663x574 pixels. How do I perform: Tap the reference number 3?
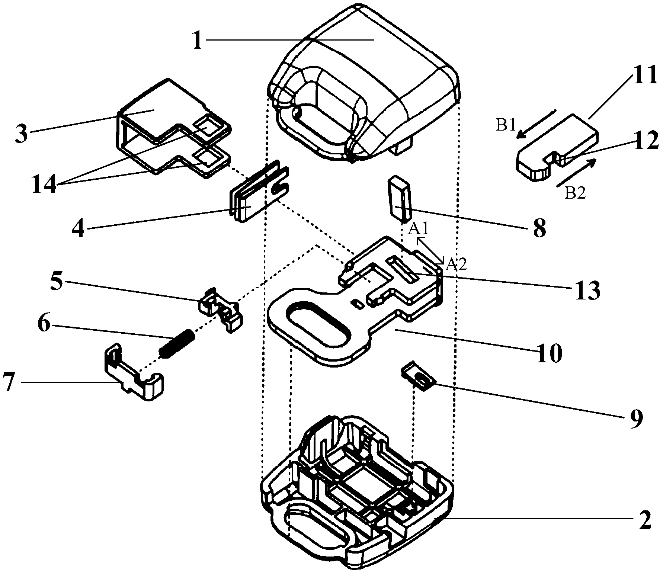(x=22, y=134)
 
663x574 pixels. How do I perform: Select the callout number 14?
(x=44, y=185)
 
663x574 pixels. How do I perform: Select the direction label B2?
(x=575, y=193)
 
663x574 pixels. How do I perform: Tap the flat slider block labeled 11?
(x=558, y=147)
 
